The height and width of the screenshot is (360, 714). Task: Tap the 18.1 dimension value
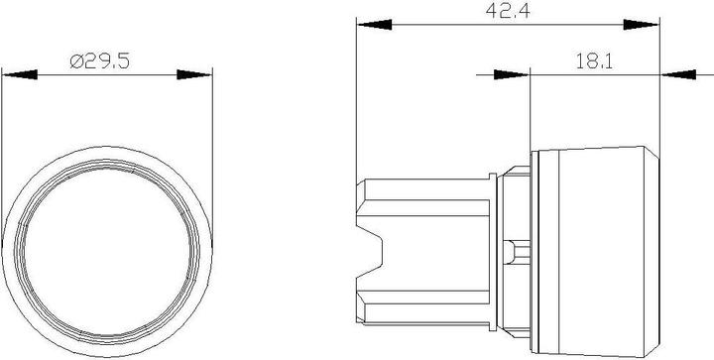coord(595,61)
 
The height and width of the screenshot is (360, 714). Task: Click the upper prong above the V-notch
coord(416,203)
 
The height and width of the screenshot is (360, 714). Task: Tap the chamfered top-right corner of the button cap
coord(653,157)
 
